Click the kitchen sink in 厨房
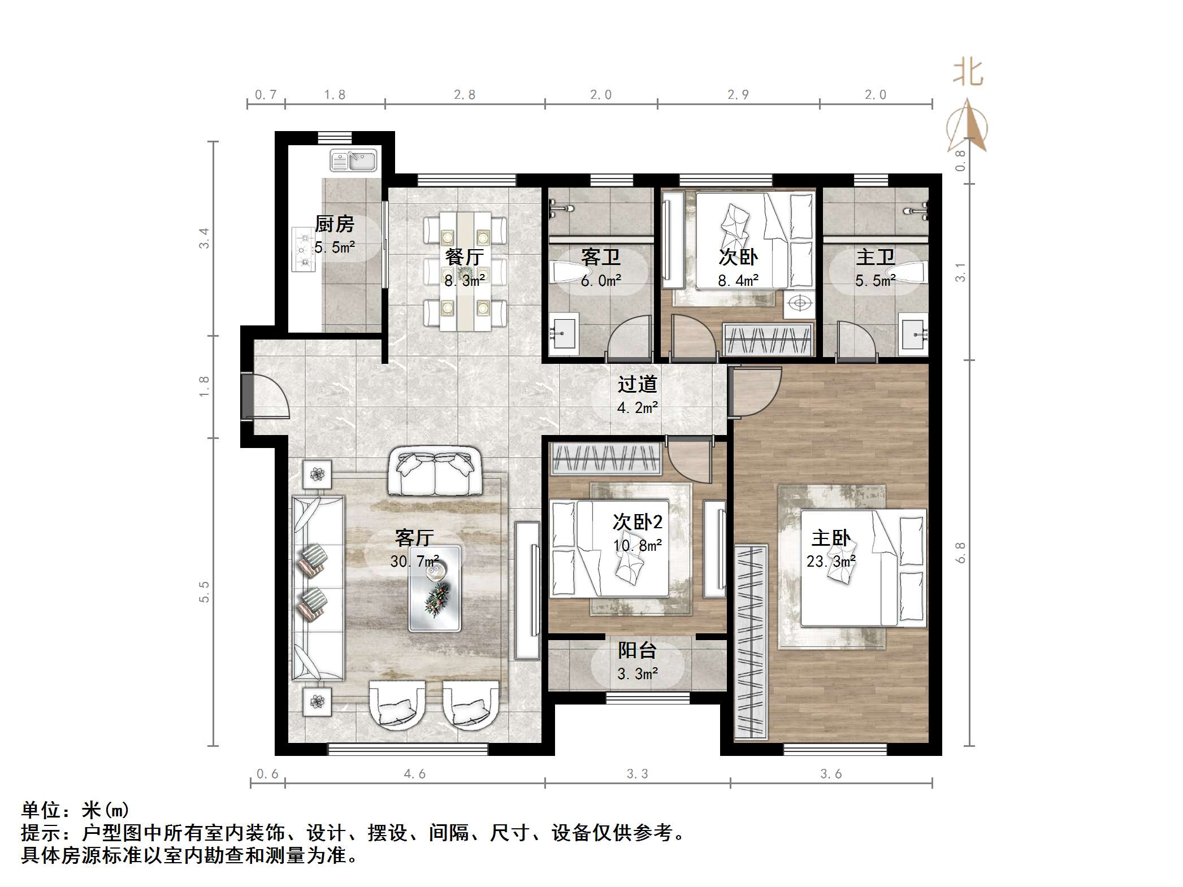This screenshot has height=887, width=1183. click(x=353, y=160)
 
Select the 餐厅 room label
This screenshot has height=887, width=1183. click(x=464, y=257)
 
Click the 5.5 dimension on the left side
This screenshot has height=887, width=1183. click(x=204, y=592)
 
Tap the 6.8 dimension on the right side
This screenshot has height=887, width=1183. click(x=960, y=552)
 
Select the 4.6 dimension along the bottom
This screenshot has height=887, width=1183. click(x=414, y=774)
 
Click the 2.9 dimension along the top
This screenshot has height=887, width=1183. click(x=738, y=95)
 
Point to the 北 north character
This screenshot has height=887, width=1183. click(x=968, y=73)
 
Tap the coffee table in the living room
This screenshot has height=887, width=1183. click(x=435, y=588)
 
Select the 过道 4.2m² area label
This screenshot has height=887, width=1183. click(x=637, y=407)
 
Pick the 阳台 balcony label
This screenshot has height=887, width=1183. click(x=637, y=650)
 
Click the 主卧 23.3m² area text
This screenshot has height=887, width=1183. click(x=830, y=562)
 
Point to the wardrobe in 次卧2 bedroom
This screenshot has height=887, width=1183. click(x=606, y=459)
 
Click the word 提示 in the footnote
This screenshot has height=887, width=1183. click(x=41, y=833)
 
